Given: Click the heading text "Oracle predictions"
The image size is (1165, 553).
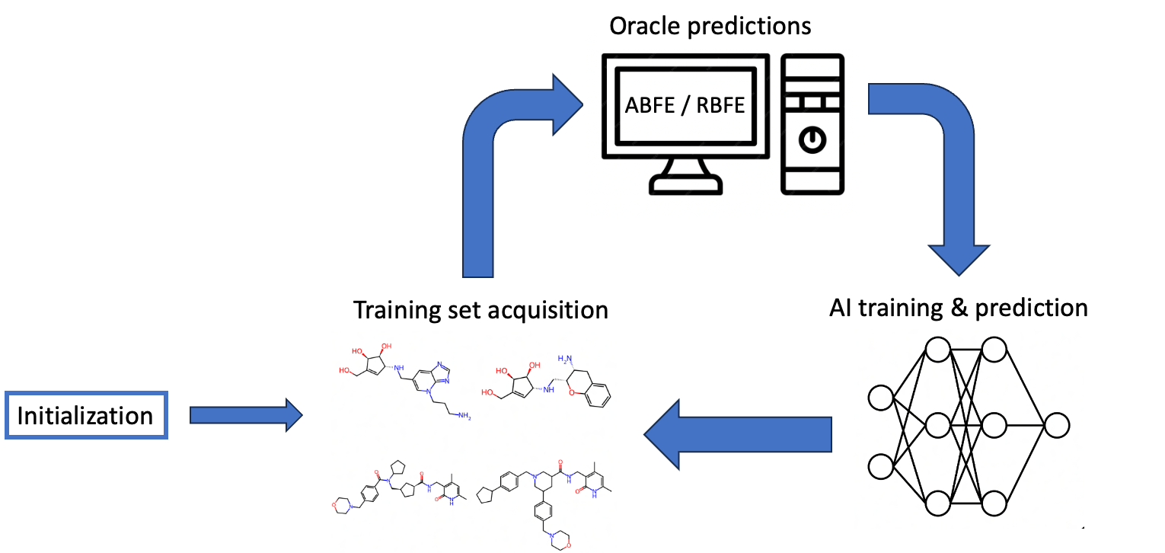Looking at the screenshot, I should [710, 26].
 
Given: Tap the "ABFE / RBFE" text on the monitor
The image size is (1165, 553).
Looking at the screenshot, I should [685, 104].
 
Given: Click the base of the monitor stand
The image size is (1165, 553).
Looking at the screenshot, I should [685, 184].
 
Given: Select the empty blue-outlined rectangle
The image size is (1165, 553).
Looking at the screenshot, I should [86, 415].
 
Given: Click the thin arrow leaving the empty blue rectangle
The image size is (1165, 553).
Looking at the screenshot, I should [244, 415].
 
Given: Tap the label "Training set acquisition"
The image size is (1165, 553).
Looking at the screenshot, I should [480, 310].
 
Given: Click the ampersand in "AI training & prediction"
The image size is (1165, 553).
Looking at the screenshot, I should [961, 308].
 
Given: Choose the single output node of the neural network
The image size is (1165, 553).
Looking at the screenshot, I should [1057, 425].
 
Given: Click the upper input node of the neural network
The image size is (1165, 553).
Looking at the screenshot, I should [881, 398].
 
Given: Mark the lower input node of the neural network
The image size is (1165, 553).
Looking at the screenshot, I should [881, 465].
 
